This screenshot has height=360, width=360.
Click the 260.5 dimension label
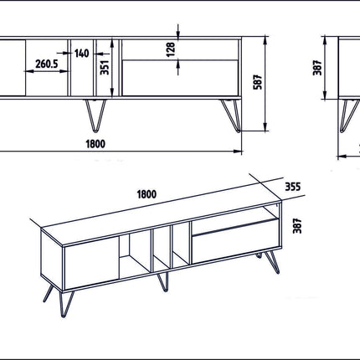click(x=47, y=64)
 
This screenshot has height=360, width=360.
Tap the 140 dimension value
click(x=81, y=54)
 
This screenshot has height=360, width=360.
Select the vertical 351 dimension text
click(x=105, y=67)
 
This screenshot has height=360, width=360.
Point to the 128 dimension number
click(x=171, y=49)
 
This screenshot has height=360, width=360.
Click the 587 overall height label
click(x=258, y=82)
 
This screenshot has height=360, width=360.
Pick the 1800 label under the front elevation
click(x=95, y=144)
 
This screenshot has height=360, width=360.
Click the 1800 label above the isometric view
click(x=147, y=194)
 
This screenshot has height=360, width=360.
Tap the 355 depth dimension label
click(x=293, y=187)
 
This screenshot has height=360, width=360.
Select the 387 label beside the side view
click(x=317, y=68)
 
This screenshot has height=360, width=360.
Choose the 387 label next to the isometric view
click(x=297, y=225)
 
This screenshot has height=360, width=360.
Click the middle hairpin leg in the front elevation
click(x=95, y=116)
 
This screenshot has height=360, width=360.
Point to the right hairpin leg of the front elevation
click(x=231, y=116)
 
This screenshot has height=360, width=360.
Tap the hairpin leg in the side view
click(x=349, y=116)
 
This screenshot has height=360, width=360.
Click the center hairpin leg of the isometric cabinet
click(x=163, y=282)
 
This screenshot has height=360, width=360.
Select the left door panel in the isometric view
click(x=91, y=264)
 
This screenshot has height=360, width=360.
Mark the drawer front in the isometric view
click(x=235, y=241)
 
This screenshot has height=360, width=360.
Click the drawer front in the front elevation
click(x=180, y=78)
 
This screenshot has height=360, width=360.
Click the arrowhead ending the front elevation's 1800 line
click(x=238, y=152)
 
